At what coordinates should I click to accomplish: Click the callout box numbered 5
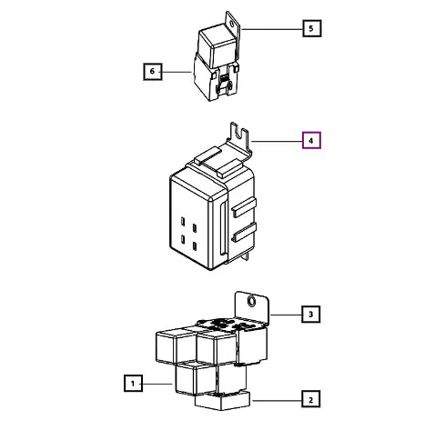tap(312, 28)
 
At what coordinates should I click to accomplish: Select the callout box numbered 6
tap(153, 72)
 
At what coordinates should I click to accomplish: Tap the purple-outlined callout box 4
tap(311, 140)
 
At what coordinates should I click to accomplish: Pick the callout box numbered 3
tap(311, 315)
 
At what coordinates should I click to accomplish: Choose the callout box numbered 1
tap(133, 384)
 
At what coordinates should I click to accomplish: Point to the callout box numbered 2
tap(311, 398)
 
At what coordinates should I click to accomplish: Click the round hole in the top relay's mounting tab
tap(232, 24)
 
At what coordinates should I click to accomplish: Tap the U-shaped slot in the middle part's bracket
tap(242, 134)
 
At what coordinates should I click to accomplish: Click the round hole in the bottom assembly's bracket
tap(252, 302)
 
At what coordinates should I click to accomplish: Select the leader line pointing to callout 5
tap(272, 29)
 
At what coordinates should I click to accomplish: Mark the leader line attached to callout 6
tap(177, 72)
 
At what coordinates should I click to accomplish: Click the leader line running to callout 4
tap(277, 141)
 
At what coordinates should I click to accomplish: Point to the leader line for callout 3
tap(286, 315)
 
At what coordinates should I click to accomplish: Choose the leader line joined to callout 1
tap(157, 384)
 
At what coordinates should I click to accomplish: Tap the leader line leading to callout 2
tap(277, 401)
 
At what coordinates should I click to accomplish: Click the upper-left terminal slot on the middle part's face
tap(183, 221)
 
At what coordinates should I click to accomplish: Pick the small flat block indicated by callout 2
tap(222, 401)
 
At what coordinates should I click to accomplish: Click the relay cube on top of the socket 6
tap(217, 47)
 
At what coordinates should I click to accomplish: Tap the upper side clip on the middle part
tap(244, 206)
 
